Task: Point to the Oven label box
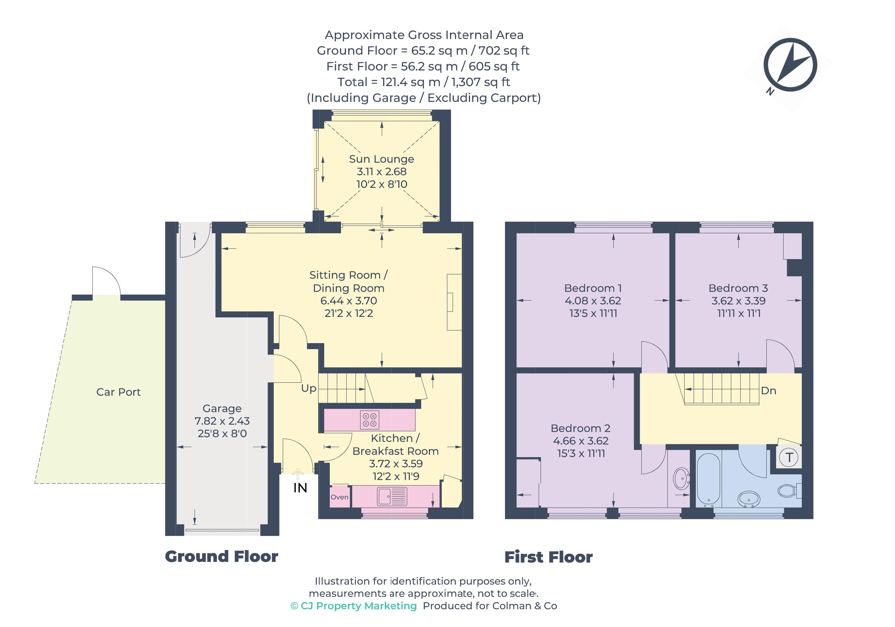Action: click(339, 497)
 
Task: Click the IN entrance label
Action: click(300, 488)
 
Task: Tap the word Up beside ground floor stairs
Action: click(309, 389)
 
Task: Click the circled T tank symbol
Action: click(789, 457)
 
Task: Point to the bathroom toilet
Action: click(788, 491)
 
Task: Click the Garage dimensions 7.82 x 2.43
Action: click(222, 421)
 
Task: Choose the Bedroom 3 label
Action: click(738, 288)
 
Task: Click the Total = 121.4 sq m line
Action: click(423, 82)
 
